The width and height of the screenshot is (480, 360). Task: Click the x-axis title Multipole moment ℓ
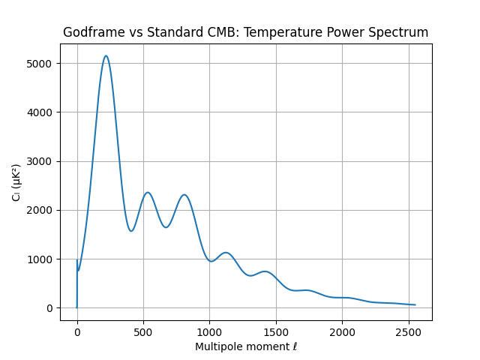[246, 346]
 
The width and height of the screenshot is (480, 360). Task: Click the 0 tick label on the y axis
[49, 308]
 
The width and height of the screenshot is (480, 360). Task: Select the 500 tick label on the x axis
[143, 331]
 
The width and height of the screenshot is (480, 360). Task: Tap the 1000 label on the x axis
[209, 331]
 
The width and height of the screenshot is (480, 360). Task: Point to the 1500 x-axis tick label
[276, 331]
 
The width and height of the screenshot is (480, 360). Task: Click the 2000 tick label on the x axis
[342, 331]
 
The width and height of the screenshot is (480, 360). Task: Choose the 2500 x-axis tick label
[408, 331]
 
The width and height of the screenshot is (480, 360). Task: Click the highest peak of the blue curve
[106, 55]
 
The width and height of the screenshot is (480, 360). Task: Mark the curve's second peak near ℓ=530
[148, 193]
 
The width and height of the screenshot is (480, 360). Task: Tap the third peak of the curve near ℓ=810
[184, 195]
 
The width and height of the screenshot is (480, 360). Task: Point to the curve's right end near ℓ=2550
[415, 304]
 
